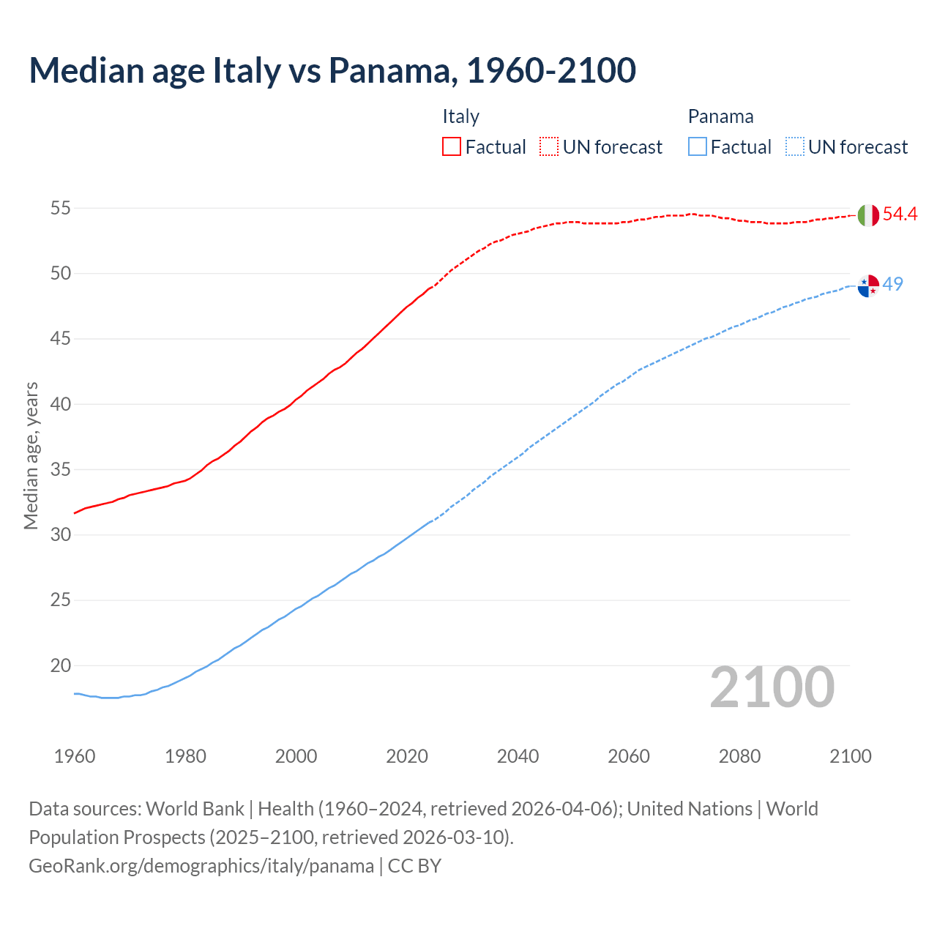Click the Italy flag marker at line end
pos(868,215)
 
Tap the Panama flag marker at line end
pos(868,286)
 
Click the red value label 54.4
pos(900,214)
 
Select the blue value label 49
pos(893,284)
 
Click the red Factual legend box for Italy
pos(452,147)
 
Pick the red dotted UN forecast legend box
pos(549,147)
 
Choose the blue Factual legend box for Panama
pos(698,147)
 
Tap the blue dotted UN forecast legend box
pos(794,147)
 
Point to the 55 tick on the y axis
pos(60,209)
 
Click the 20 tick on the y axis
pos(60,666)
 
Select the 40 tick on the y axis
pos(60,404)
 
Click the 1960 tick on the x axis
pos(75,756)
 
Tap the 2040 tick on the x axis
pos(518,756)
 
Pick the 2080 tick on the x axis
pos(739,756)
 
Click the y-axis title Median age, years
pos(31,455)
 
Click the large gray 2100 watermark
pos(772,687)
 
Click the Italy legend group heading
pos(460,116)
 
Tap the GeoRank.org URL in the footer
pos(201,866)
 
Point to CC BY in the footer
pos(414,866)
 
